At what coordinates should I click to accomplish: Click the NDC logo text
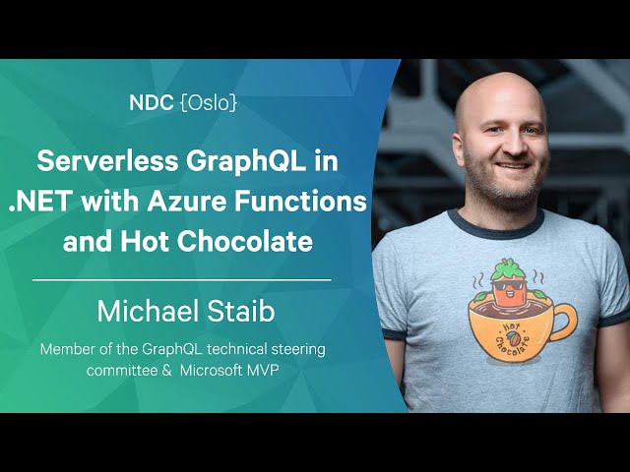pos(151,103)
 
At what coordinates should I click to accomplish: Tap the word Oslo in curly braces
pos(209,103)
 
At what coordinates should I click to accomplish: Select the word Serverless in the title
pos(107,161)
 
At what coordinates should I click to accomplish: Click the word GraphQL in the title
pos(247,162)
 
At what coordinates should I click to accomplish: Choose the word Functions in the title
pos(300,202)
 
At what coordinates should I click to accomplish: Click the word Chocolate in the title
pos(244,242)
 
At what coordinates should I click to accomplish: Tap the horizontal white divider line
pos(182,280)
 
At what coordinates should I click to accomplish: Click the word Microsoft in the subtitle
pos(211,370)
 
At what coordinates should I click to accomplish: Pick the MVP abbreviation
pos(263,370)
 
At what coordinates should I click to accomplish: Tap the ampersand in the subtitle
pos(166,371)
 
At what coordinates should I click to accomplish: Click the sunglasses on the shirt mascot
pos(509,285)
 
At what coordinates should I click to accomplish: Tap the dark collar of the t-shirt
pos(496,226)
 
